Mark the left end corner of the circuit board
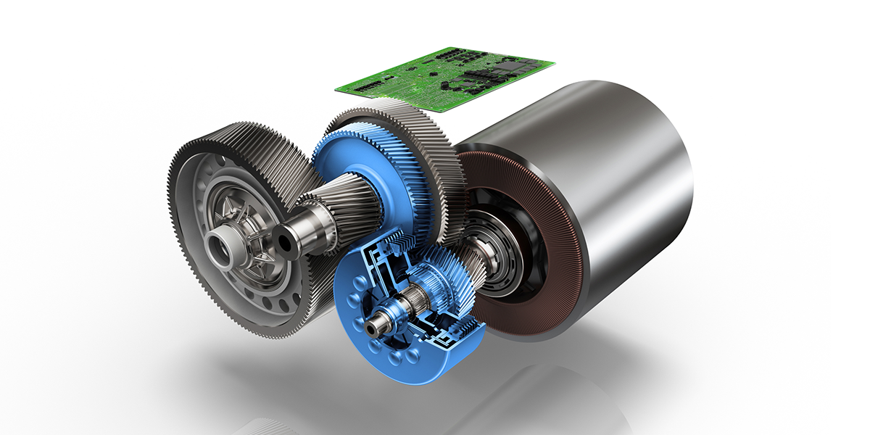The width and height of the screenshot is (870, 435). tap(336, 88)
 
